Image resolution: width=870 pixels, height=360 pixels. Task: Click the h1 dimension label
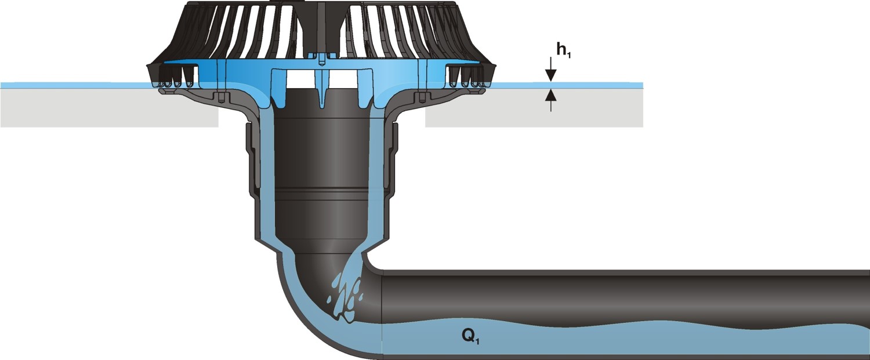[x=563, y=50]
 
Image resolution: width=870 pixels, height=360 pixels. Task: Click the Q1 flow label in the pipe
[x=470, y=336]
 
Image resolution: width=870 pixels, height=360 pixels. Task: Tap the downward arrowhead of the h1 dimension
[x=551, y=75]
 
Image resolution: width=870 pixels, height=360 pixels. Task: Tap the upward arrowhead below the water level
[x=551, y=95]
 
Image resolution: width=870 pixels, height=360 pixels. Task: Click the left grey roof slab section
[x=109, y=108]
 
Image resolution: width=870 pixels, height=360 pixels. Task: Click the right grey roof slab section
[x=534, y=108]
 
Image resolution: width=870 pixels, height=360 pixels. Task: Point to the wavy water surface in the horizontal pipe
[x=621, y=324]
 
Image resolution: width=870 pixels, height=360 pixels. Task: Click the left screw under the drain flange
[x=220, y=97]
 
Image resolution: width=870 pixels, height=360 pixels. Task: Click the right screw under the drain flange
[x=422, y=97]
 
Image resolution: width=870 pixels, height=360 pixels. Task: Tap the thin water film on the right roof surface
[x=567, y=85]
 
